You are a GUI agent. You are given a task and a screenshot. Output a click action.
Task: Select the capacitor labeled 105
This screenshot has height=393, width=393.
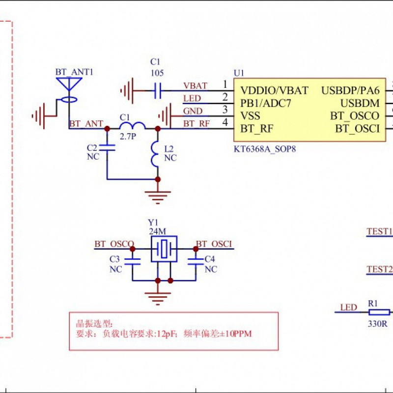tap(158, 90)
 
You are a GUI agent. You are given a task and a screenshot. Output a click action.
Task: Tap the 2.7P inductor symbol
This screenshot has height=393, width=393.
tap(132, 125)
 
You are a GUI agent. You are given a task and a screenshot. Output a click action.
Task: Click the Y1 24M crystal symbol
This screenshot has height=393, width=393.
tap(164, 249)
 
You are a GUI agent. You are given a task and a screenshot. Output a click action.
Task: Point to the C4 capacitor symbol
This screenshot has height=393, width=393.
tap(196, 262)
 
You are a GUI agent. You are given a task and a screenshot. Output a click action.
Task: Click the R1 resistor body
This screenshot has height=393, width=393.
tap(379, 312)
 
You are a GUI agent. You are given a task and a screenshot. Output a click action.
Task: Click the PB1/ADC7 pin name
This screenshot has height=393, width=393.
tap(266, 104)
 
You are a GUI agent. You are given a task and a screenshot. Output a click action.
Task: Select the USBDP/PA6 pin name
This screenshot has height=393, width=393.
tap(350, 90)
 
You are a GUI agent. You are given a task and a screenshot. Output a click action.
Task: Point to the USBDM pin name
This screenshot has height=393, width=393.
tap(360, 104)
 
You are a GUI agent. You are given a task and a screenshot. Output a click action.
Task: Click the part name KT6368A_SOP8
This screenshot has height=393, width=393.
tap(265, 147)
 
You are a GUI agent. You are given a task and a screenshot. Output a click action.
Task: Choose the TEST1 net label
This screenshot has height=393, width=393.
tap(380, 231)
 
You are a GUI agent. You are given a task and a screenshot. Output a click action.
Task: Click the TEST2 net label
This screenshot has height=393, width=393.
tap(380, 269)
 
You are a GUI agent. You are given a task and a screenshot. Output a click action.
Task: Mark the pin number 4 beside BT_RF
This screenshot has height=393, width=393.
tap(225, 123)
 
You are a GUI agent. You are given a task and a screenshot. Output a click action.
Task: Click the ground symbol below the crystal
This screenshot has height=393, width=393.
tap(158, 297)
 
